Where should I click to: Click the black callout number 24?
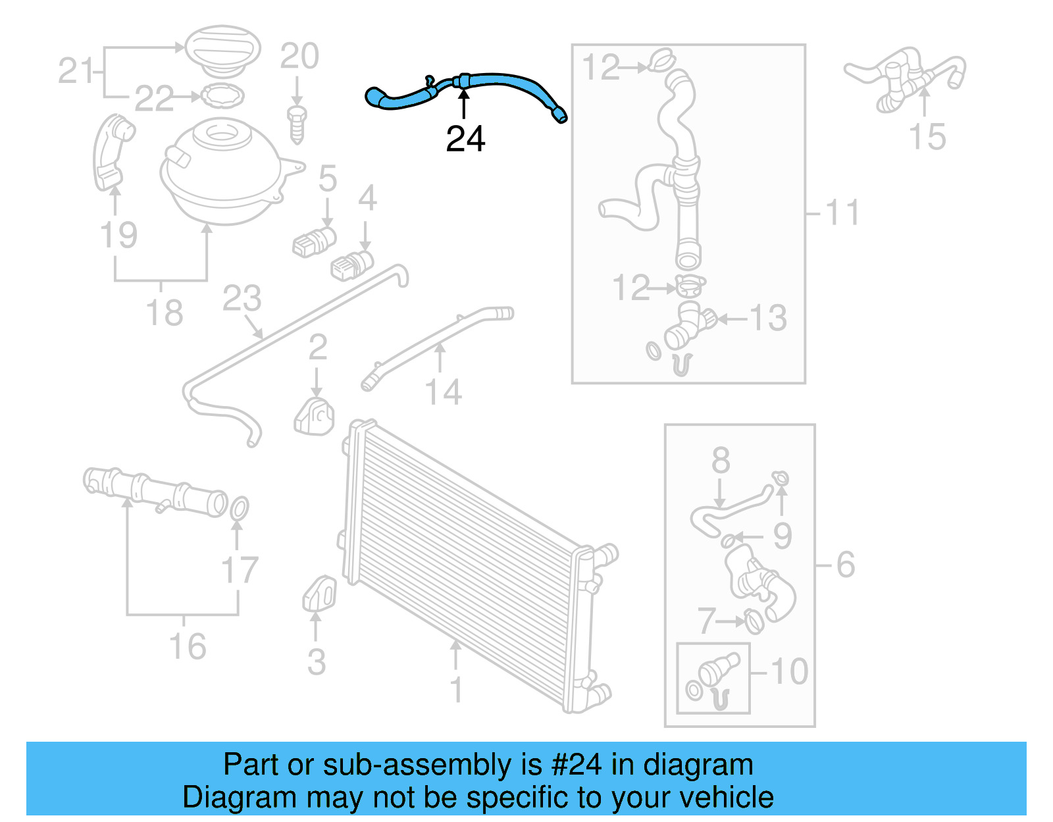tap(465, 139)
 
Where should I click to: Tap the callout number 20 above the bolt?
tap(299, 57)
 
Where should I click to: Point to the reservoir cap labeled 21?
tap(222, 49)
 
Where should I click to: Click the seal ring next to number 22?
tap(222, 97)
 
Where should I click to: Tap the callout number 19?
tap(118, 235)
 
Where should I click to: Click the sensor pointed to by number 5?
tap(315, 242)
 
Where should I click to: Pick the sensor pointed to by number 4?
tap(351, 265)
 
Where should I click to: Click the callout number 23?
tap(242, 299)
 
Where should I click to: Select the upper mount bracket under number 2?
tap(315, 417)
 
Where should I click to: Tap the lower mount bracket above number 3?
tap(320, 594)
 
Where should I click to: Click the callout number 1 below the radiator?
tap(456, 690)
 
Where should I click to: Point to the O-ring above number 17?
tap(240, 508)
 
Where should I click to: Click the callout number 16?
tap(188, 646)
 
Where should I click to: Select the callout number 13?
tap(768, 319)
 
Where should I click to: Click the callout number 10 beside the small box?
tap(789, 672)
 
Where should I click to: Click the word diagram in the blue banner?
tap(698, 765)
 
